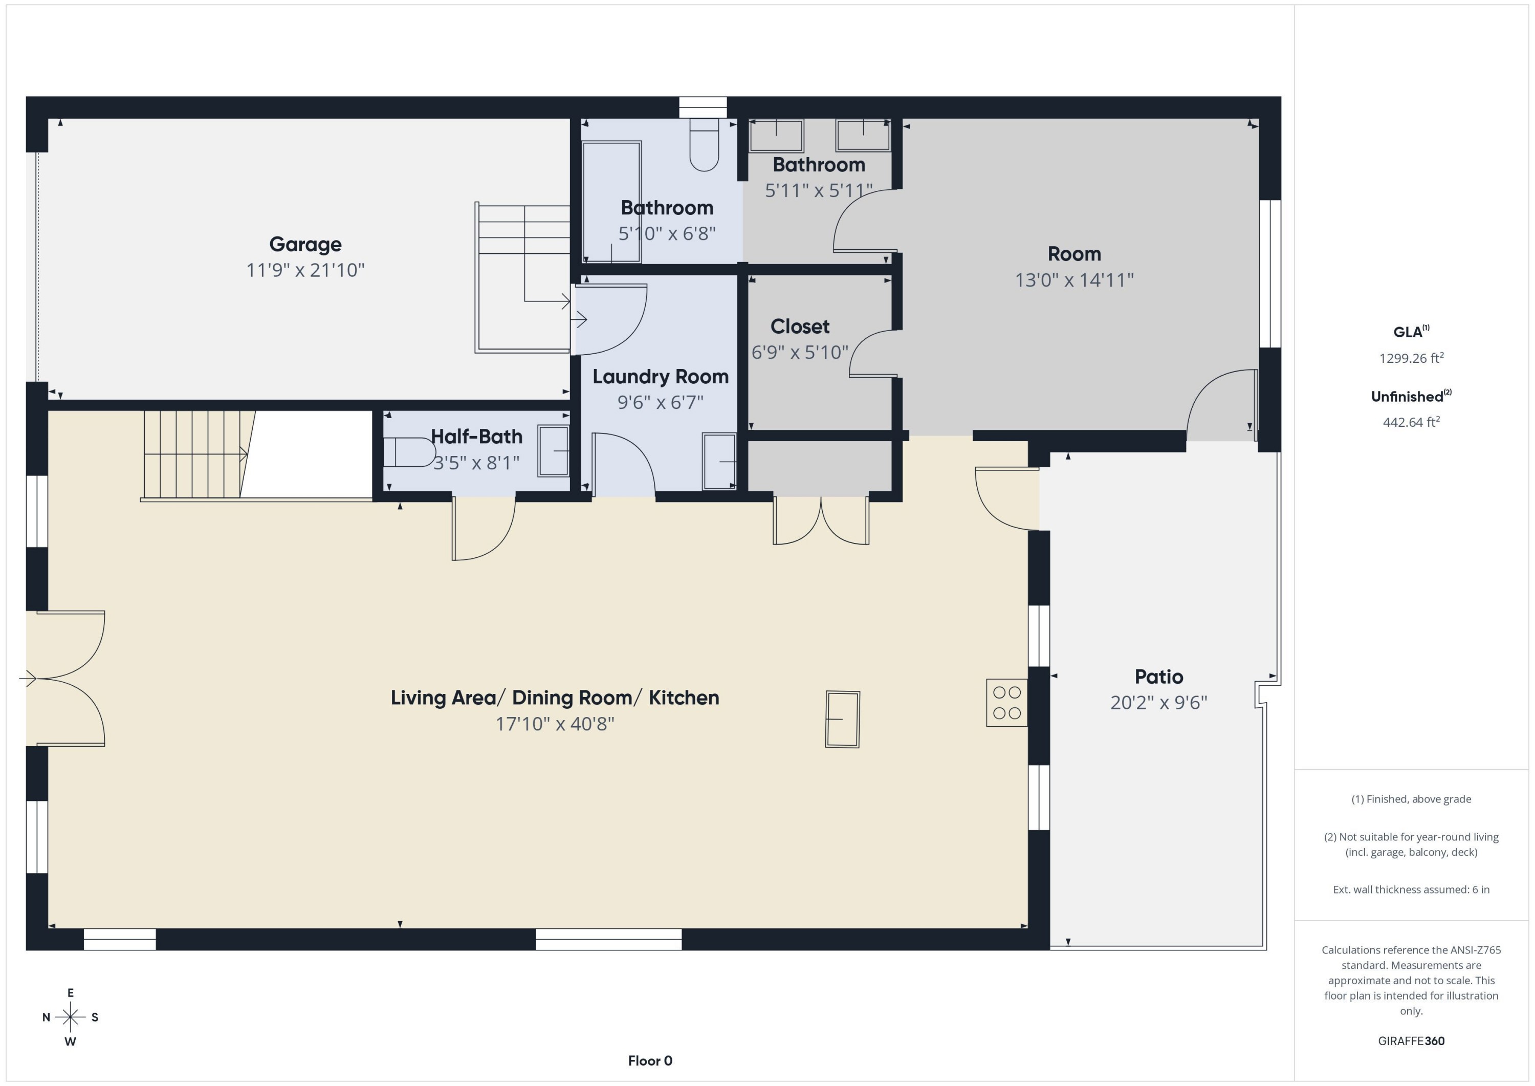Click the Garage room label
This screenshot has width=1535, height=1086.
click(305, 244)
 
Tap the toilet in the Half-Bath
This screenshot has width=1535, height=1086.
click(408, 452)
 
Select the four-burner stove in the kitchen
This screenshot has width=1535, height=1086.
click(1006, 703)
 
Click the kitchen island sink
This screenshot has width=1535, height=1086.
click(842, 719)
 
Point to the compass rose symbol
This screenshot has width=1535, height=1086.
click(70, 1017)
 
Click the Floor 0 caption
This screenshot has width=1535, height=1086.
click(650, 1060)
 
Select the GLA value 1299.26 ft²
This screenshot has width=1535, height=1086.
click(1411, 358)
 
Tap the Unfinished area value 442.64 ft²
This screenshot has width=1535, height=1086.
click(1411, 422)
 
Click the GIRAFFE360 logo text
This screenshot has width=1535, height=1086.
click(1411, 1040)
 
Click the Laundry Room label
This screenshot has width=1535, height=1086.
click(661, 377)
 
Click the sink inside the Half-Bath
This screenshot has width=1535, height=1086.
click(554, 451)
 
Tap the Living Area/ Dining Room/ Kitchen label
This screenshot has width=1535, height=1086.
click(555, 698)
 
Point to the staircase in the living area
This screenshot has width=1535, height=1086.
click(194, 455)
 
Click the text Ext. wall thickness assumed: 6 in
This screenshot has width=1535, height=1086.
click(1411, 889)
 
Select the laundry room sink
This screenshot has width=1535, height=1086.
click(719, 462)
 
